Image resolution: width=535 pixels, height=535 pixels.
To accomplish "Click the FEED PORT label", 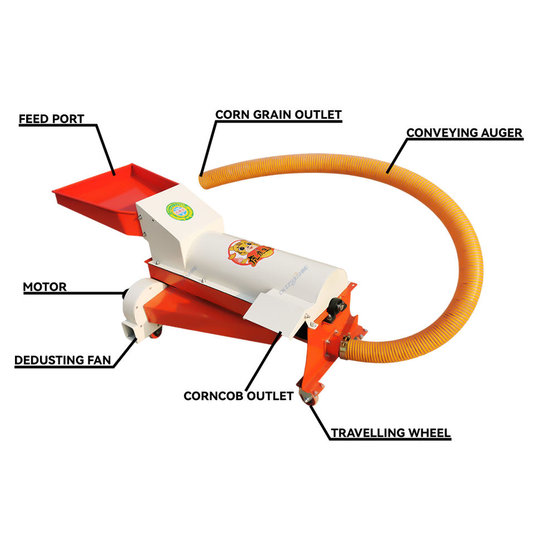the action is [51, 119].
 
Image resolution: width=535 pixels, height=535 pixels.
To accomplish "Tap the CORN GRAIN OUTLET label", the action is [278, 115].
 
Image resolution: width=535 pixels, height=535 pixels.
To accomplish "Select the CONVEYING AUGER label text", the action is [464, 133].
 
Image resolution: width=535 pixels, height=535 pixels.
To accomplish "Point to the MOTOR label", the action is [45, 288].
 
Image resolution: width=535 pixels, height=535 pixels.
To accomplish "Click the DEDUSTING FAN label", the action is [63, 360].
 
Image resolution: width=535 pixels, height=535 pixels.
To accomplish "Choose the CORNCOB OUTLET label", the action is [239, 396].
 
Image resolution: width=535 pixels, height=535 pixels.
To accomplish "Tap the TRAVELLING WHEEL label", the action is [391, 433].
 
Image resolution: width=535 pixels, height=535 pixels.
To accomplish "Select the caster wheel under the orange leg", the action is [307, 397].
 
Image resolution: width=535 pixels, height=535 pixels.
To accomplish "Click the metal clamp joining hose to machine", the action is [344, 344].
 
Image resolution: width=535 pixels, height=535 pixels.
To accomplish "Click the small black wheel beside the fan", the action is [158, 333].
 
